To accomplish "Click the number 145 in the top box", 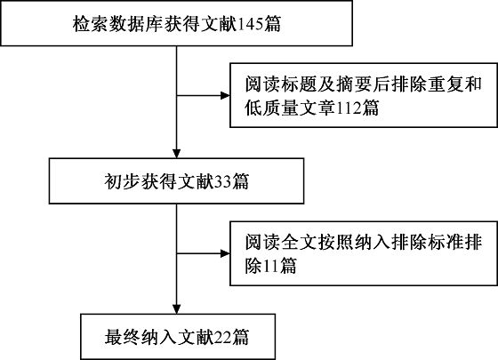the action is click(250, 24).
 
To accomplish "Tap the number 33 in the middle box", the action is click(223, 182).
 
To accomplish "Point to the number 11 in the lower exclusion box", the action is click(270, 266).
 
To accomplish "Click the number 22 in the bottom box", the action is click(223, 337).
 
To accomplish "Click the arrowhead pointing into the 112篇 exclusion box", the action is click(225, 95).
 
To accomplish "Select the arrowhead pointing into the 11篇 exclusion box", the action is click(225, 253).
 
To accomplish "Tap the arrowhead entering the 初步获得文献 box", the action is click(176, 154).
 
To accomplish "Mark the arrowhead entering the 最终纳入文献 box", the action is click(176, 309).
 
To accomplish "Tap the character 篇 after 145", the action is click(272, 24).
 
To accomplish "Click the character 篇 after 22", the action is click(241, 337).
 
